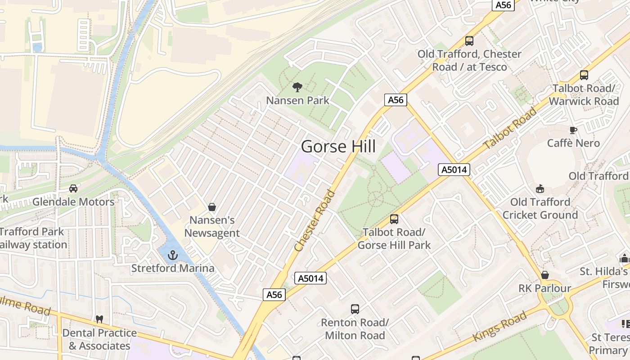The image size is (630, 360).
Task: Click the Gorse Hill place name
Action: click(x=338, y=147)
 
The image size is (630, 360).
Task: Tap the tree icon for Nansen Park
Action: click(x=297, y=87)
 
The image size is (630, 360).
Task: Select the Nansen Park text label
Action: click(x=298, y=100)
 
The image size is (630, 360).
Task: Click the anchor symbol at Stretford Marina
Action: click(x=173, y=256)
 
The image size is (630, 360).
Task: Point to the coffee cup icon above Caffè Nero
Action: click(x=573, y=130)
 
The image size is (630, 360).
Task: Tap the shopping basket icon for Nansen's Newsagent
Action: click(x=211, y=207)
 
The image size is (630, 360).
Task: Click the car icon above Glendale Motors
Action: click(x=73, y=189)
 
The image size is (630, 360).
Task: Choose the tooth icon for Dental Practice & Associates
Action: click(x=99, y=319)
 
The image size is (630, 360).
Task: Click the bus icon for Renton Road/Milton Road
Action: click(x=355, y=309)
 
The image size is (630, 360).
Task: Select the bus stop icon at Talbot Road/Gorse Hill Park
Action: click(x=394, y=219)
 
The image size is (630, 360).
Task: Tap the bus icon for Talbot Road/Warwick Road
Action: click(x=584, y=75)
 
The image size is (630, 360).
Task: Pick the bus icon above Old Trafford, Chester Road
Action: click(x=469, y=41)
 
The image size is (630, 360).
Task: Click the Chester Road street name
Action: click(x=315, y=221)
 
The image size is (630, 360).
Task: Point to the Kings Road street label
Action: click(x=499, y=326)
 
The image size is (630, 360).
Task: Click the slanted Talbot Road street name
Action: click(x=510, y=129)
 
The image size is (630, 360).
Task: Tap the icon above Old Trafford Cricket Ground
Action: click(x=540, y=189)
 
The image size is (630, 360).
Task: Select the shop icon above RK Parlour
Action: click(x=544, y=275)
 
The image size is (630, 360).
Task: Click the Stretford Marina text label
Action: click(x=173, y=269)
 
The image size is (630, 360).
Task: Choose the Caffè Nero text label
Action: click(x=573, y=143)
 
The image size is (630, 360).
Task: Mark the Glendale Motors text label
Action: click(x=73, y=202)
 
